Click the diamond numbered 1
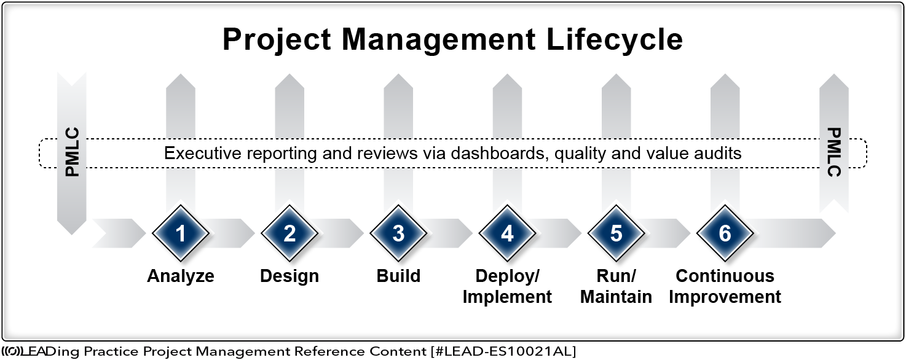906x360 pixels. tap(180, 233)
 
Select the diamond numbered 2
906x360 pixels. tap(289, 233)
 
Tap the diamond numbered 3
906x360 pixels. tap(398, 233)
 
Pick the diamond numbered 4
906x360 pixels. tap(507, 233)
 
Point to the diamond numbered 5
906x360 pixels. tap(616, 233)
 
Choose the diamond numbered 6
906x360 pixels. tap(725, 233)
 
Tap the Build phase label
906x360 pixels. tap(398, 276)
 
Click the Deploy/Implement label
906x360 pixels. tap(507, 286)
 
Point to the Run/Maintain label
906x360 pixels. tap(616, 286)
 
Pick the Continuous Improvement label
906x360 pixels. tap(725, 286)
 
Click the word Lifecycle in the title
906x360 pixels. tap(615, 40)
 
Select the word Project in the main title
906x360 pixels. tap(277, 40)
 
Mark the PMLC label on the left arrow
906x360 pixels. tap(73, 152)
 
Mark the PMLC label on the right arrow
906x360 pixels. tap(834, 152)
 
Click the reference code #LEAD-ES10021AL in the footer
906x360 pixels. tap(503, 351)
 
